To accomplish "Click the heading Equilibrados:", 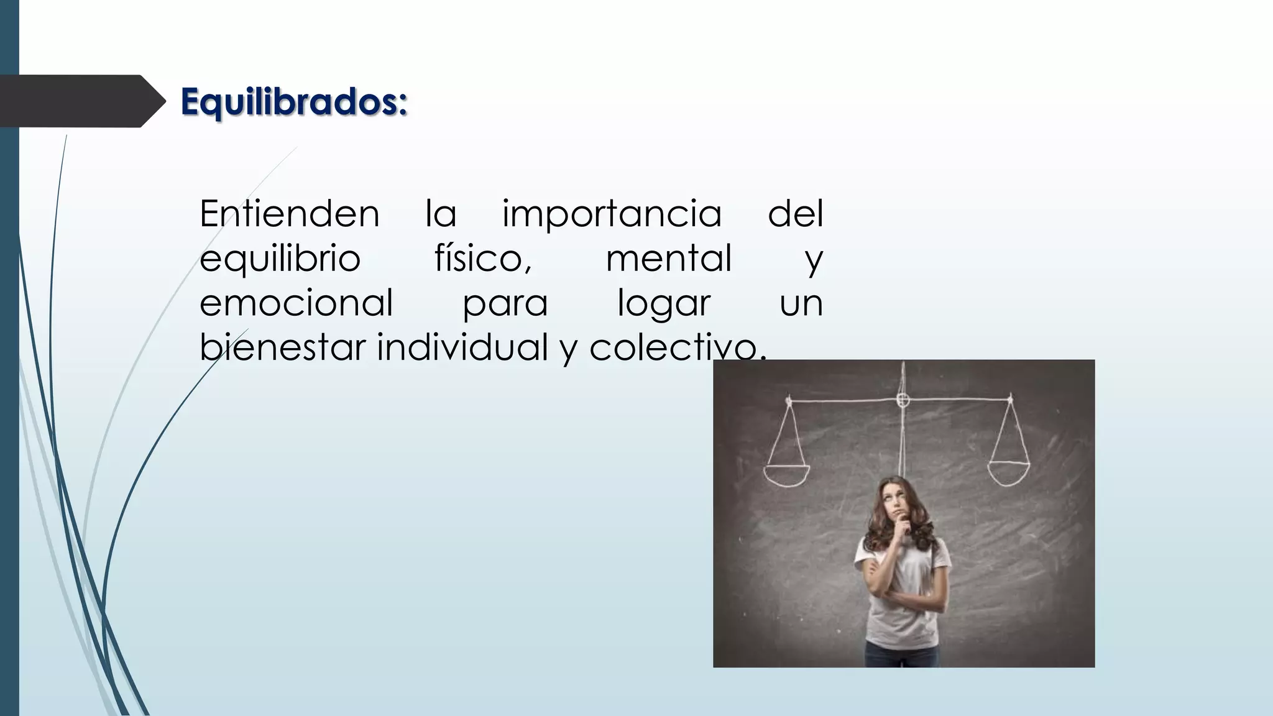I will point(293,102).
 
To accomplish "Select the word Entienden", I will point(289,214).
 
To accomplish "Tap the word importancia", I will point(612,214).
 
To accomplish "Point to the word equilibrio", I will point(280,259).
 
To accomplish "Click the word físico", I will point(482,259).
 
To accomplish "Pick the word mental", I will point(669,259).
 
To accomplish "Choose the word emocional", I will point(296,303).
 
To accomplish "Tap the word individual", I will point(462,347).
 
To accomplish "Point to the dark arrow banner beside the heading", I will point(78,101).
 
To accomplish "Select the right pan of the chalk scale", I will point(1009,474).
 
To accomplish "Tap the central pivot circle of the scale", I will point(903,400).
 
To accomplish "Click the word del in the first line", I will point(795,214).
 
